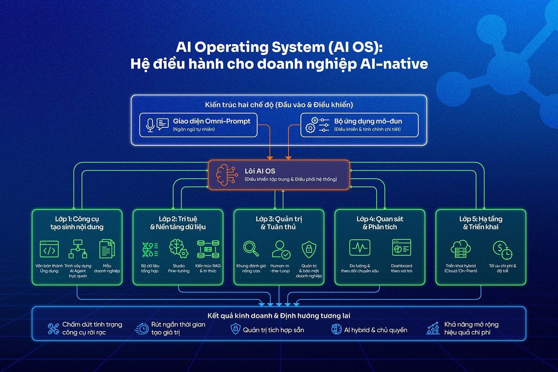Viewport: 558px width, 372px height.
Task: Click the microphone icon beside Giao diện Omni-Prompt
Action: tap(150, 125)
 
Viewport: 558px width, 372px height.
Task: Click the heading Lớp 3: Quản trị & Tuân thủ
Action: tap(279, 223)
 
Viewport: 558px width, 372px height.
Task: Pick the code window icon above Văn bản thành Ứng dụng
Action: tap(49, 249)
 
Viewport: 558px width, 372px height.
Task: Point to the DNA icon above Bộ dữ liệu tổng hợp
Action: tap(150, 249)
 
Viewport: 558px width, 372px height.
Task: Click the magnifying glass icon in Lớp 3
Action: tap(251, 249)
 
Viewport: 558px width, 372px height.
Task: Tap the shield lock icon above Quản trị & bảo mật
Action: tap(309, 249)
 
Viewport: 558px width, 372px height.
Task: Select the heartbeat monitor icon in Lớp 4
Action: tap(359, 248)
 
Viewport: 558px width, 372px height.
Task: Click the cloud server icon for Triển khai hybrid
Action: tap(460, 249)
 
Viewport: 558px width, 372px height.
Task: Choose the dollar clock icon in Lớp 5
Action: tap(502, 250)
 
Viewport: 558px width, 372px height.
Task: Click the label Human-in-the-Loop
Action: tap(280, 268)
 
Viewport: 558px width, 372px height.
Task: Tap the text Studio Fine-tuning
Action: tap(179, 268)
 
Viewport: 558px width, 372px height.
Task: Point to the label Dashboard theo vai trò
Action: tap(401, 268)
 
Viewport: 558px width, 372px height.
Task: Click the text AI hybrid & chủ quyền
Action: tap(375, 330)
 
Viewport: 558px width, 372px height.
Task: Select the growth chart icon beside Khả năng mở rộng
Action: tap(433, 329)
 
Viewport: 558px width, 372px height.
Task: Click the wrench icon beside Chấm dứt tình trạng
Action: tap(53, 329)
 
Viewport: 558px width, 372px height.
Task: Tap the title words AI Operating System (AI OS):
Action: tap(279, 47)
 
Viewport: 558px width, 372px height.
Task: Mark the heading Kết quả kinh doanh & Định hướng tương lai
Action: tap(279, 316)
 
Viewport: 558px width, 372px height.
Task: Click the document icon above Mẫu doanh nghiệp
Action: tap(107, 249)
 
